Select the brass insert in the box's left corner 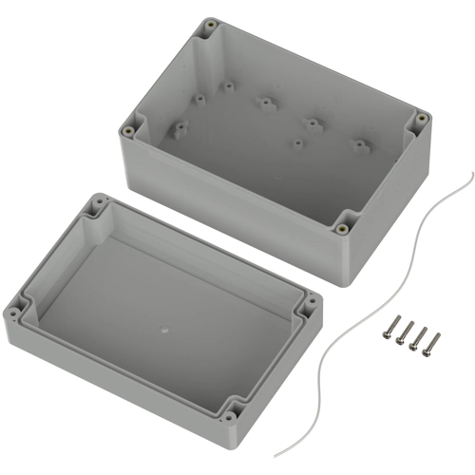point(128,130)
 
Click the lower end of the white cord point(276,454)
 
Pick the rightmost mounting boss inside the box point(360,145)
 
